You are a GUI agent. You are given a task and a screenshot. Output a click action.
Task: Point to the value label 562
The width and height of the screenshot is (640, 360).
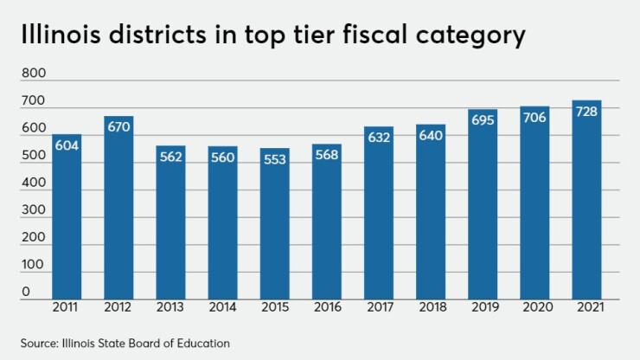pos(171,157)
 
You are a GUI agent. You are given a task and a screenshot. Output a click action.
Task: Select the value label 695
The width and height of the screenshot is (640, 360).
pos(483,120)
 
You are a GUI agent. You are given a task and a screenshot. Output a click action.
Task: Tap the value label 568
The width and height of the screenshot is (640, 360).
pos(327,156)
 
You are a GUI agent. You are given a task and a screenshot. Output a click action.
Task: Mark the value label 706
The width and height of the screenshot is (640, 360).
pos(534,118)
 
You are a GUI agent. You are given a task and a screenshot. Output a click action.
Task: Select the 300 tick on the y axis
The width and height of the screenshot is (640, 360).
pos(32,209)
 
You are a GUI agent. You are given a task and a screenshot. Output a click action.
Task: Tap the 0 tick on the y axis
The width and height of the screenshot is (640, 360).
pos(26,292)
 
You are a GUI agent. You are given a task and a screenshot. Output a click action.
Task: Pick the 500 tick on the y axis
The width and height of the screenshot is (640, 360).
pos(32,156)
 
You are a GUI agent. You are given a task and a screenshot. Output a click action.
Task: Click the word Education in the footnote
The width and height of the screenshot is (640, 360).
pos(205,344)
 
